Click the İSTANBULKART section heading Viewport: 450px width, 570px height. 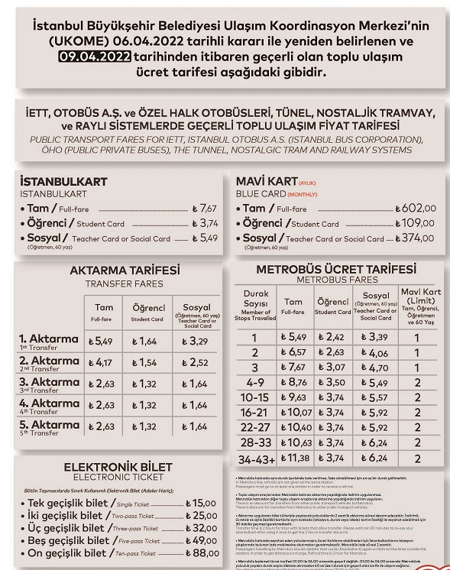pyautogui.click(x=63, y=182)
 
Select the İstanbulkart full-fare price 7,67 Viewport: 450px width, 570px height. pyautogui.click(x=206, y=208)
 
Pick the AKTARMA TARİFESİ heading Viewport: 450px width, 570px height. pyautogui.click(x=125, y=271)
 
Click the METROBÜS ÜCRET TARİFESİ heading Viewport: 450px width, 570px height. pyautogui.click(x=337, y=270)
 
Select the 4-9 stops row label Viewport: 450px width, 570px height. pyautogui.click(x=254, y=382)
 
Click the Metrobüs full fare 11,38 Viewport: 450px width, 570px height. pyautogui.click(x=295, y=458)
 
